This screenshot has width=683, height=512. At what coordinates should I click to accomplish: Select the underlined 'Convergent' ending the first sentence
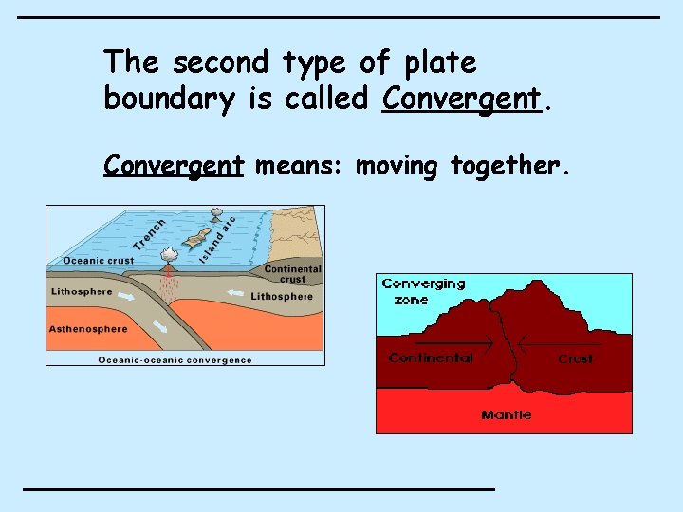461,99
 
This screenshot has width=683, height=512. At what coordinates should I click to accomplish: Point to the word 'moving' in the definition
397,167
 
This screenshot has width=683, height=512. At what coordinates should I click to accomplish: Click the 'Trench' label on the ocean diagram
149,234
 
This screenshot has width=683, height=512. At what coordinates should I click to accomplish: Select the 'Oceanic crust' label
98,261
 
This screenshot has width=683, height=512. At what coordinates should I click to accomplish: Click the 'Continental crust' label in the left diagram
292,274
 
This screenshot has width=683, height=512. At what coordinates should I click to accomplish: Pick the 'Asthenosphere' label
88,329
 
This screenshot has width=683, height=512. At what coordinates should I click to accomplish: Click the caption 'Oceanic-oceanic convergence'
175,359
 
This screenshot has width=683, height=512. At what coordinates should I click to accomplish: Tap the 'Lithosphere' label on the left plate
82,292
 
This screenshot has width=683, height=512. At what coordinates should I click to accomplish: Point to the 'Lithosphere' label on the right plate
282,297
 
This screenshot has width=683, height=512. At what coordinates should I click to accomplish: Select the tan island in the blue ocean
197,238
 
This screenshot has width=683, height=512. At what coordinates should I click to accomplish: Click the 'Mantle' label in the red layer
506,414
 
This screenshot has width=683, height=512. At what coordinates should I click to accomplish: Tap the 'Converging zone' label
423,291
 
